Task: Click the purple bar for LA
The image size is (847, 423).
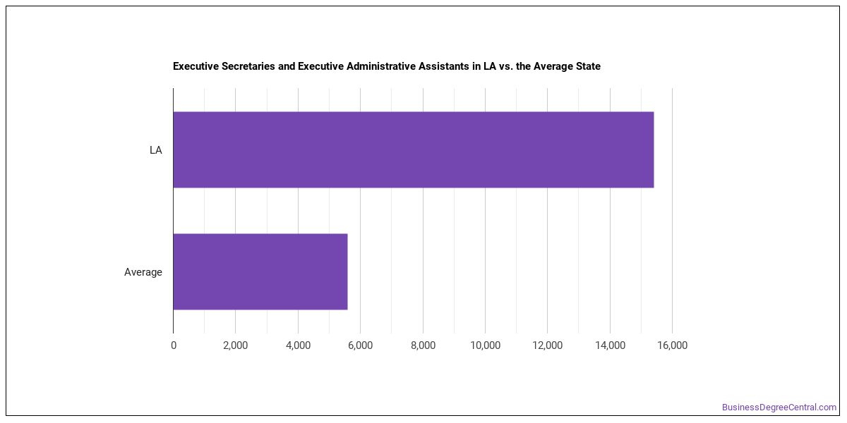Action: [414, 149]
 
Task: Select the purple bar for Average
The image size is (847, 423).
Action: [260, 271]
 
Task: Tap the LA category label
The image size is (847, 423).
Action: [156, 150]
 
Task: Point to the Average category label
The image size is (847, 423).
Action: [143, 272]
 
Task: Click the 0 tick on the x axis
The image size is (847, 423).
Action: [174, 345]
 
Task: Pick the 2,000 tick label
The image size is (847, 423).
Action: [235, 345]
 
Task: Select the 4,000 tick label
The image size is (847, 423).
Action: [298, 345]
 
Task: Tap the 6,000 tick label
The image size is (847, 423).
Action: [361, 345]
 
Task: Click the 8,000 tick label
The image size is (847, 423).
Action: [423, 345]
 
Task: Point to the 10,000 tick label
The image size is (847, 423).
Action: [485, 345]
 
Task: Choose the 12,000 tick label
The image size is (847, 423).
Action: [548, 345]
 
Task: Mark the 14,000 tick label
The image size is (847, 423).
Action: [610, 345]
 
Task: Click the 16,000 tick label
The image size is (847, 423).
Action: [672, 345]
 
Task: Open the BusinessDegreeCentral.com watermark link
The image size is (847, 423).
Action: [779, 407]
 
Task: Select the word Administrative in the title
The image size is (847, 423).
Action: [380, 66]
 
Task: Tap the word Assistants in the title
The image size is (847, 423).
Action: [443, 66]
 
